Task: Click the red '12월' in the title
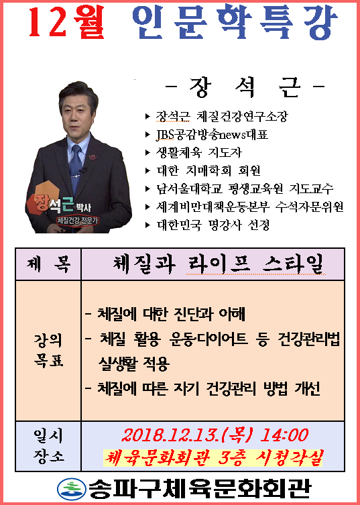point(66,21)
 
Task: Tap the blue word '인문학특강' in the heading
point(235,21)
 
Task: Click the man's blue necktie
point(76,168)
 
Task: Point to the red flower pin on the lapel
point(93,157)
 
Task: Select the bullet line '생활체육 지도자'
point(198,152)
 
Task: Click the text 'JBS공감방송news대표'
point(212,134)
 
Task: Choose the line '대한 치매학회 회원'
point(208,170)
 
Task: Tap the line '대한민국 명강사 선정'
point(213,225)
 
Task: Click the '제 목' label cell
point(48,264)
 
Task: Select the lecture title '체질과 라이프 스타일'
point(218,264)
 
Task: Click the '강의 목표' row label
point(48,350)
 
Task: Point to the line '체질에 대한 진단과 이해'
point(171,313)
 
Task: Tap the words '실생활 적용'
point(134,364)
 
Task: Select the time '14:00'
point(284,435)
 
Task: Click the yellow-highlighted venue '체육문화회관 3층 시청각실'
point(213,457)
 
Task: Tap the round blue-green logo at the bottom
point(72,489)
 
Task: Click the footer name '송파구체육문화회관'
point(200,488)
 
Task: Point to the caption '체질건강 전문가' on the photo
point(78,221)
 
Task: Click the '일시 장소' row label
point(48,446)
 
